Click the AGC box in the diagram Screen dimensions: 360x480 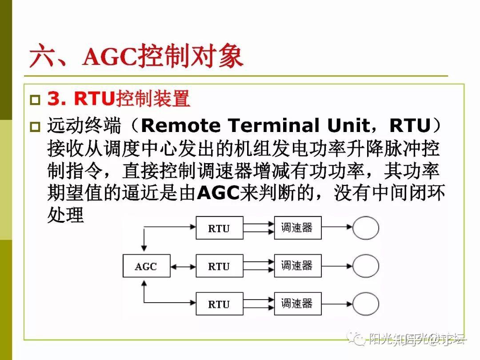pyautogui.click(x=146, y=266)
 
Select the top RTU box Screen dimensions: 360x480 pyautogui.click(x=220, y=228)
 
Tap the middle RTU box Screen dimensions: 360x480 pyautogui.click(x=220, y=266)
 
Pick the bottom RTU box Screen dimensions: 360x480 pyautogui.click(x=220, y=304)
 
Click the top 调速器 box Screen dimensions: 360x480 pyautogui.click(x=297, y=228)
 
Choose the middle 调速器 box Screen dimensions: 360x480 pyautogui.click(x=297, y=266)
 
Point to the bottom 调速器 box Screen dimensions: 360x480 pyautogui.click(x=297, y=304)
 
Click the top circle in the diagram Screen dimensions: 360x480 pyautogui.click(x=366, y=228)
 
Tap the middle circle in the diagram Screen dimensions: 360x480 pyautogui.click(x=366, y=266)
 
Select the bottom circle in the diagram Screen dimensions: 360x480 pyautogui.click(x=366, y=304)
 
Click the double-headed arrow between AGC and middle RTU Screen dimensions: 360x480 pyautogui.click(x=183, y=266)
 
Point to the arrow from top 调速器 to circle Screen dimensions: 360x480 pyautogui.click(x=337, y=228)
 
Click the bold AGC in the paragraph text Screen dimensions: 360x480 pyautogui.click(x=217, y=193)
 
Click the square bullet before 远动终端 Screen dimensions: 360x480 pyautogui.click(x=35, y=127)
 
